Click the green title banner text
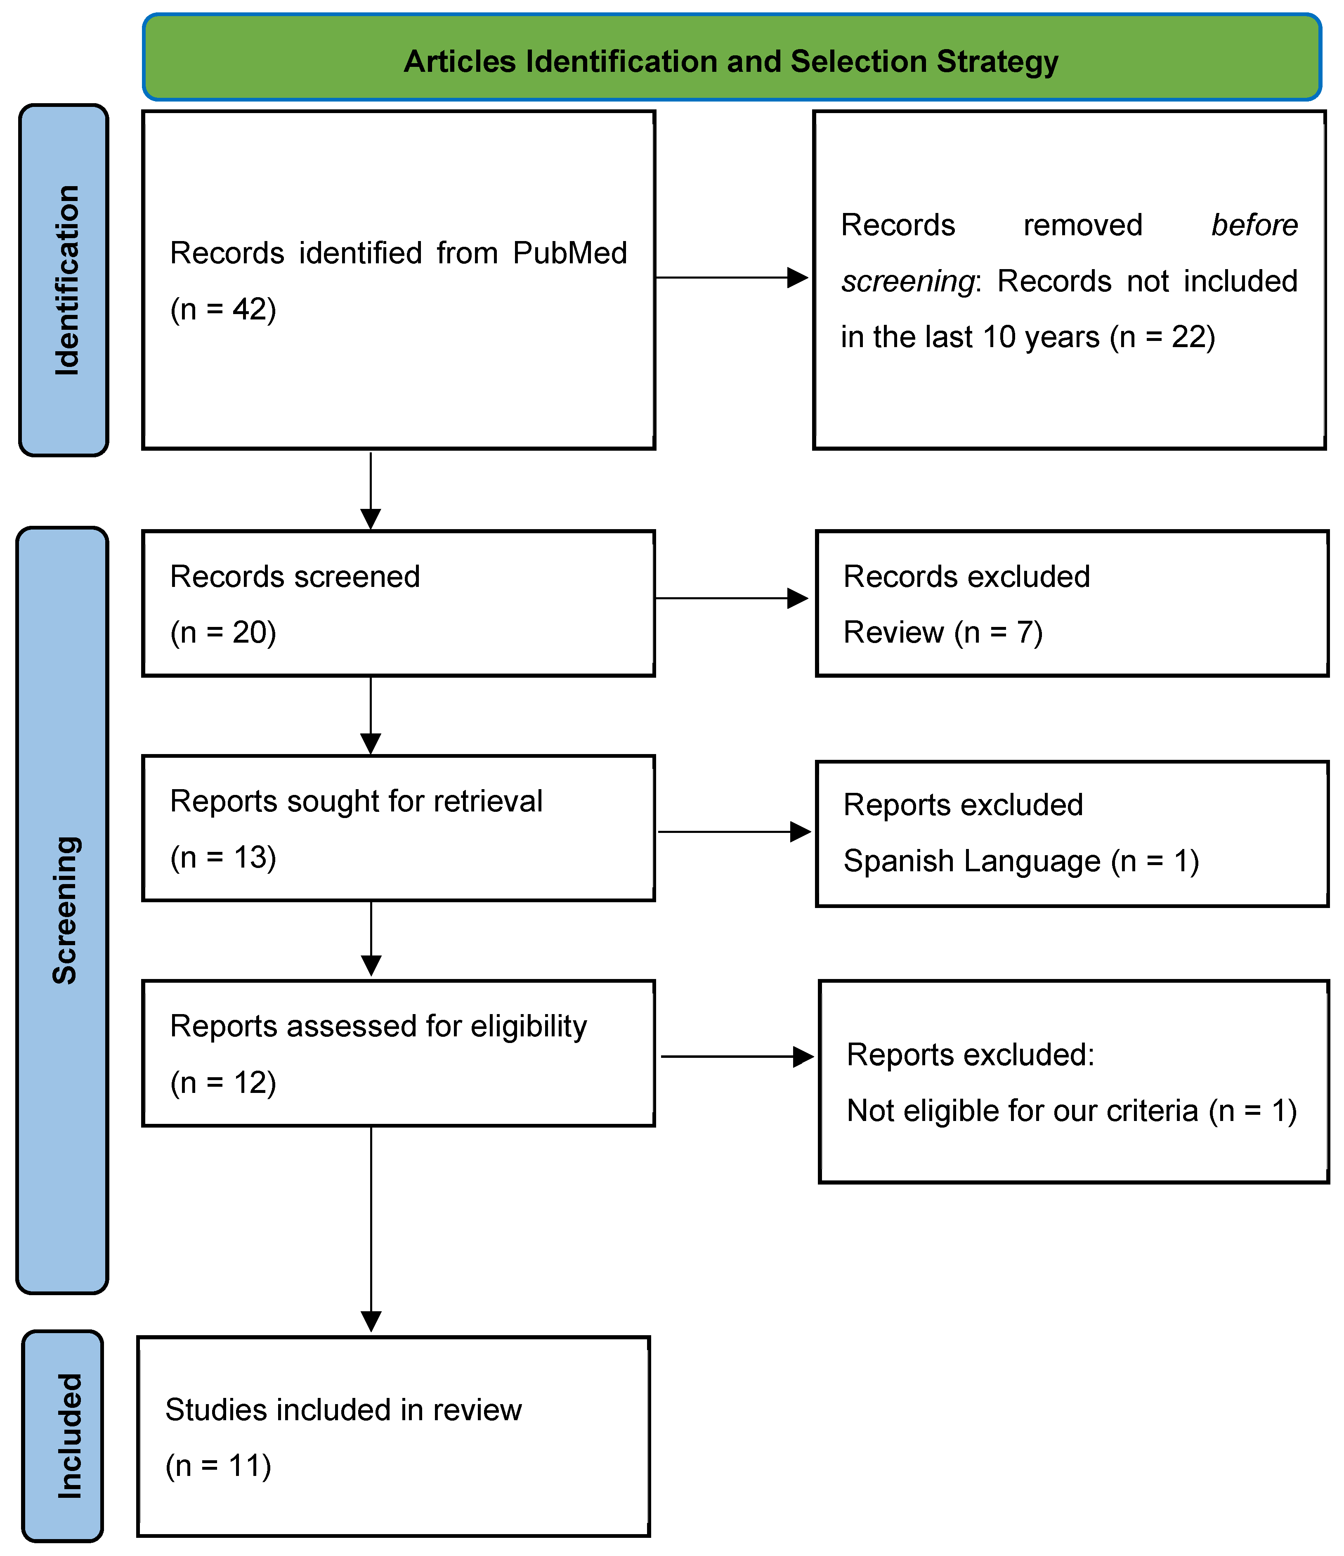[x=730, y=61]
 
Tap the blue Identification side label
[x=66, y=280]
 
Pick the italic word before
[x=1254, y=225]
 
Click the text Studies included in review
[x=343, y=1410]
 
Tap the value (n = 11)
[x=218, y=1466]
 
